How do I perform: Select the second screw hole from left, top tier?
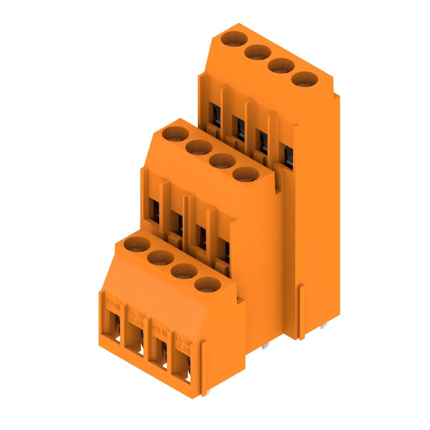(257, 52)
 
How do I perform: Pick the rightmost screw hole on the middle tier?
(245, 174)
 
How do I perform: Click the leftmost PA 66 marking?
(113, 303)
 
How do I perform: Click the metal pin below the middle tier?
(264, 348)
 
